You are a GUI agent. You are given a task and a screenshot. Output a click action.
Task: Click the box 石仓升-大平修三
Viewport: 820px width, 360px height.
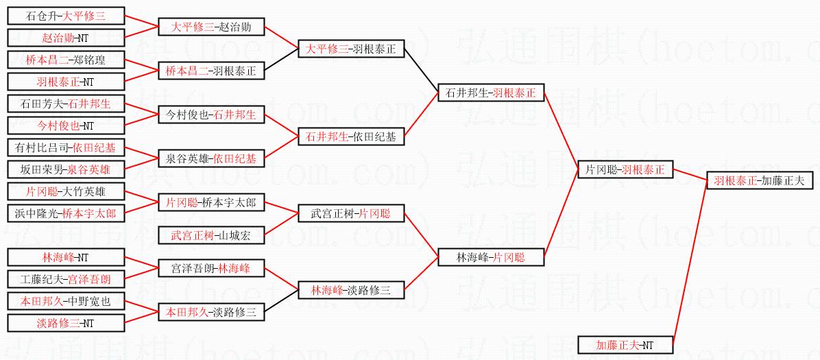coord(66,16)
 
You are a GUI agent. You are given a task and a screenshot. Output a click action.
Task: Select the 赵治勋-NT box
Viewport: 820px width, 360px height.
coord(66,38)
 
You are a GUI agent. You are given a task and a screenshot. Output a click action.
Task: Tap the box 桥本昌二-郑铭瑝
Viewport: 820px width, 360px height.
coord(66,60)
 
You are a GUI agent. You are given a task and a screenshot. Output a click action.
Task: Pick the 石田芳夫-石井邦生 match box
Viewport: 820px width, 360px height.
coord(66,104)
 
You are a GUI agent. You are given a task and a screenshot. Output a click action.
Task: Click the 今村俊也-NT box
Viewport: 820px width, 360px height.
coord(66,126)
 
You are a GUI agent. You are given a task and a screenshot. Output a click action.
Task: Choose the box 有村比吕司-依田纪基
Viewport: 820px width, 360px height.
coord(66,147)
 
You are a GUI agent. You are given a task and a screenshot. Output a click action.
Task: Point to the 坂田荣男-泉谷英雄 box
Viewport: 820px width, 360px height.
coord(66,169)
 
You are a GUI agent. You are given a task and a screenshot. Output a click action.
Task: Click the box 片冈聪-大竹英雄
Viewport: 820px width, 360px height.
coord(66,191)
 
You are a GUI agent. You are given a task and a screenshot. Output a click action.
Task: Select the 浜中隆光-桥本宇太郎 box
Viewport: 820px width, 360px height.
coord(66,213)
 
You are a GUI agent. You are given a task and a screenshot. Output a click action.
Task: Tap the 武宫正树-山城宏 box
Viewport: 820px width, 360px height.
coord(210,236)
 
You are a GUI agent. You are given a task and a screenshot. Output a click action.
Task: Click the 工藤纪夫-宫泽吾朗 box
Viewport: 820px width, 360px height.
coord(66,279)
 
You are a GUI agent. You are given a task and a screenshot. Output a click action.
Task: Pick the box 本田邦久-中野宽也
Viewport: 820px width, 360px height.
coord(66,301)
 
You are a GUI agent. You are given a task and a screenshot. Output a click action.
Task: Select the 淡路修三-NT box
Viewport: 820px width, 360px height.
coord(66,323)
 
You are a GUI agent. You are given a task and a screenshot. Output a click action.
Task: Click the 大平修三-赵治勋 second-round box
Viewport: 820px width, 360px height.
coord(210,27)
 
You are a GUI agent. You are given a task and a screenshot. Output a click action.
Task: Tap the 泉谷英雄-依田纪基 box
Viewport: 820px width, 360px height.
coord(210,158)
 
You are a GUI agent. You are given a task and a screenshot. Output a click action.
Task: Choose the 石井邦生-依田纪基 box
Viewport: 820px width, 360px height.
coord(351,137)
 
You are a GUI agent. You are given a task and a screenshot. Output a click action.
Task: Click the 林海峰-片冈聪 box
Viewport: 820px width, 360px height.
coord(491,258)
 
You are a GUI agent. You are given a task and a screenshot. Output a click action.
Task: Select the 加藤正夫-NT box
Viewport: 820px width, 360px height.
coord(625,345)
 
